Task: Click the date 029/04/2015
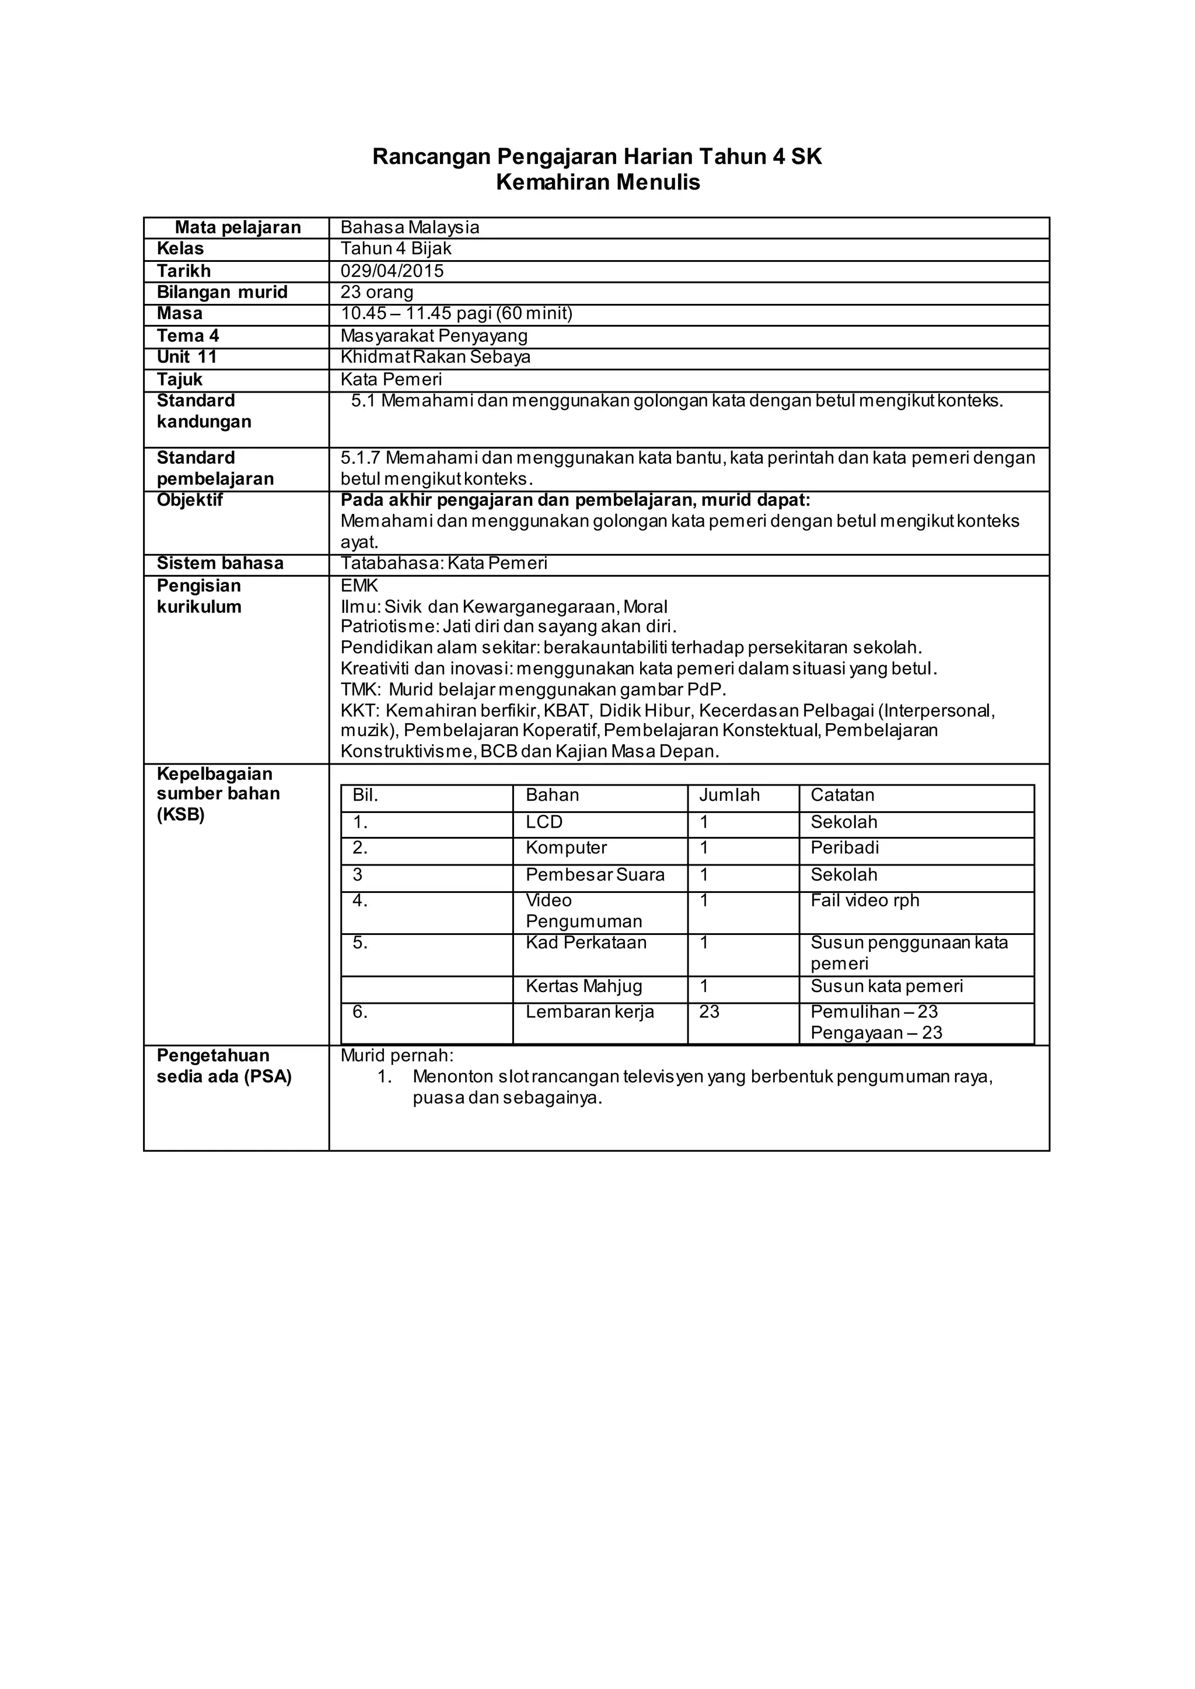tap(392, 271)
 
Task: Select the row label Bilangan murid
tap(222, 292)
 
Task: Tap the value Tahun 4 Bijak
tap(395, 248)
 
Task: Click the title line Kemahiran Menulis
tap(597, 183)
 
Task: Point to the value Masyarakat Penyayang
tap(434, 335)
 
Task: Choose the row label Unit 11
tap(186, 357)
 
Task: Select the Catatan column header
tap(842, 795)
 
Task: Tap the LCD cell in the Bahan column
tap(544, 822)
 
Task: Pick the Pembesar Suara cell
tap(595, 875)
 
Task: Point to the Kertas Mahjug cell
tap(583, 986)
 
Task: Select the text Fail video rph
tap(865, 900)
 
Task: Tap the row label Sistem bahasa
tap(220, 563)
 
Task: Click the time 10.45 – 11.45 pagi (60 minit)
tap(456, 313)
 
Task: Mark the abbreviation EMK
tap(359, 586)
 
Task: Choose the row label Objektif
tap(189, 500)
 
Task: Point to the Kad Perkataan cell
tap(586, 942)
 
